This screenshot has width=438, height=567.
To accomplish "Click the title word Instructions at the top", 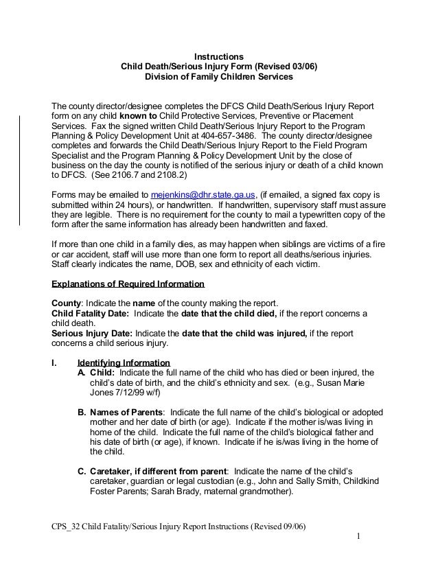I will click(x=218, y=56).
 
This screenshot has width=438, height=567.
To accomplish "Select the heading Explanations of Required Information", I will click(x=128, y=283).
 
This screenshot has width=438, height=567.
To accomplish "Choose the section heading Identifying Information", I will click(x=124, y=362).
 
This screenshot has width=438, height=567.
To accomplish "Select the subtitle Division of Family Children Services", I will click(x=218, y=78).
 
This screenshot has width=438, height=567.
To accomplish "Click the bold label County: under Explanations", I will click(x=69, y=303).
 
